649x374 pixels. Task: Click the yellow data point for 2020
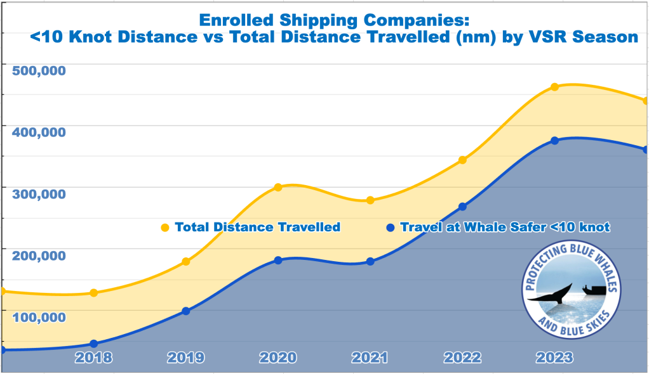coord(278,187)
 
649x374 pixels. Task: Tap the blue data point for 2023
coord(554,140)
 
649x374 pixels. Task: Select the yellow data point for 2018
coord(94,293)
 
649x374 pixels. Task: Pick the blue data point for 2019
coord(186,311)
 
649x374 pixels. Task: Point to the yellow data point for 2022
coord(462,160)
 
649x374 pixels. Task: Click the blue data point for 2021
coord(370,261)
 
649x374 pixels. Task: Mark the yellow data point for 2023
coord(554,86)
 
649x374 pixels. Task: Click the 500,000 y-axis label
coord(39,70)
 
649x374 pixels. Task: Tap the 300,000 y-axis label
coord(39,193)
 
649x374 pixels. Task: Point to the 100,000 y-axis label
coord(39,316)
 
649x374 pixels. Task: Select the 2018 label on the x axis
coord(93,358)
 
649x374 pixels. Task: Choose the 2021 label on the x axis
coord(370,358)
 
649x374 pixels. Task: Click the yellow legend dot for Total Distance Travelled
coord(165,228)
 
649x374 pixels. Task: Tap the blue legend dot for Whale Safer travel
coord(391,228)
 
